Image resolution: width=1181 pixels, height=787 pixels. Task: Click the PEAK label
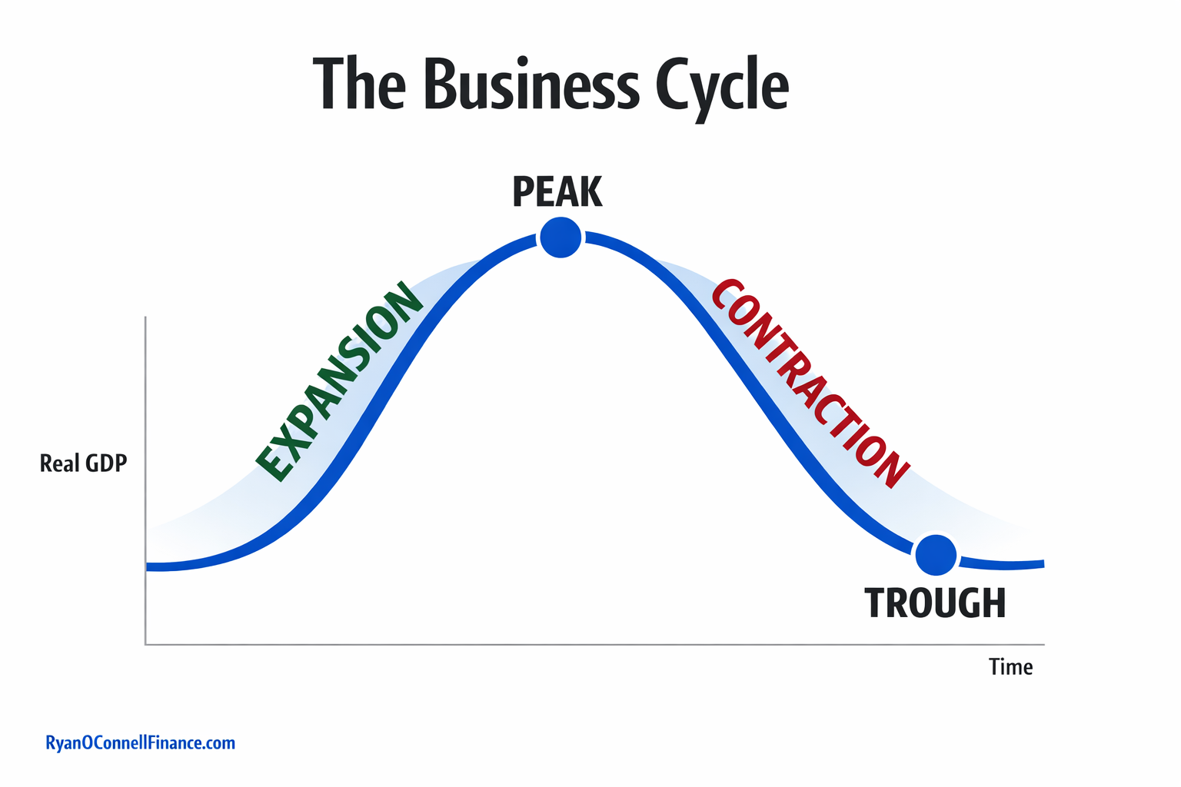[557, 192]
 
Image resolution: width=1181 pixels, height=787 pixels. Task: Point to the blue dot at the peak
[561, 237]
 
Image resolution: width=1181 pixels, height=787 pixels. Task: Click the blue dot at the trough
[936, 554]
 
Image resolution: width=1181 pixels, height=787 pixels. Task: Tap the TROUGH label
[935, 603]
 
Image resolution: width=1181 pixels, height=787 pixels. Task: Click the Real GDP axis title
[83, 463]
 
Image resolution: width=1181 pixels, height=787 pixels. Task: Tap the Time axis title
[1010, 667]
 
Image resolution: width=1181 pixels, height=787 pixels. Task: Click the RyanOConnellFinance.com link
[140, 743]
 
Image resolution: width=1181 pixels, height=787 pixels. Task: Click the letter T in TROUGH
[876, 603]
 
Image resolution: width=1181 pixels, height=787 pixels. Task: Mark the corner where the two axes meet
[145, 644]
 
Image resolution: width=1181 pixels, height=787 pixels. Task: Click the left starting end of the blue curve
[148, 567]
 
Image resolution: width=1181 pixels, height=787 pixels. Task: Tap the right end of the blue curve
[1042, 564]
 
